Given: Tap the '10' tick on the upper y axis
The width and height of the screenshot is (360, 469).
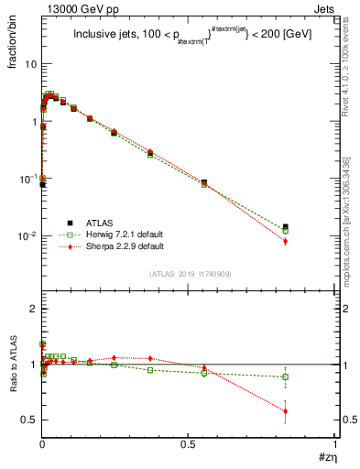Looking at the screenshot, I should [x=31, y=64].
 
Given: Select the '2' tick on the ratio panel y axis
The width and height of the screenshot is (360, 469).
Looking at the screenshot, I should [x=34, y=310].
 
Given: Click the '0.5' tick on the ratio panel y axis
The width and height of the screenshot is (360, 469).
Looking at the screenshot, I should [x=30, y=420].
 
